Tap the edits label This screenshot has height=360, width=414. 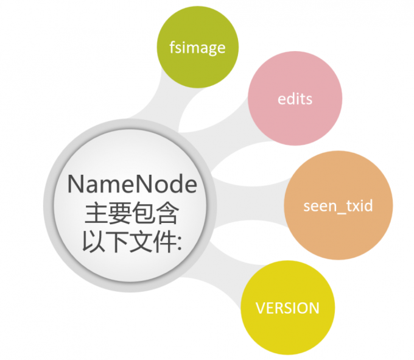click(x=295, y=99)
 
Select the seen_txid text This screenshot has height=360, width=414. click(x=338, y=205)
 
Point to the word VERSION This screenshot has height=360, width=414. click(x=287, y=307)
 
